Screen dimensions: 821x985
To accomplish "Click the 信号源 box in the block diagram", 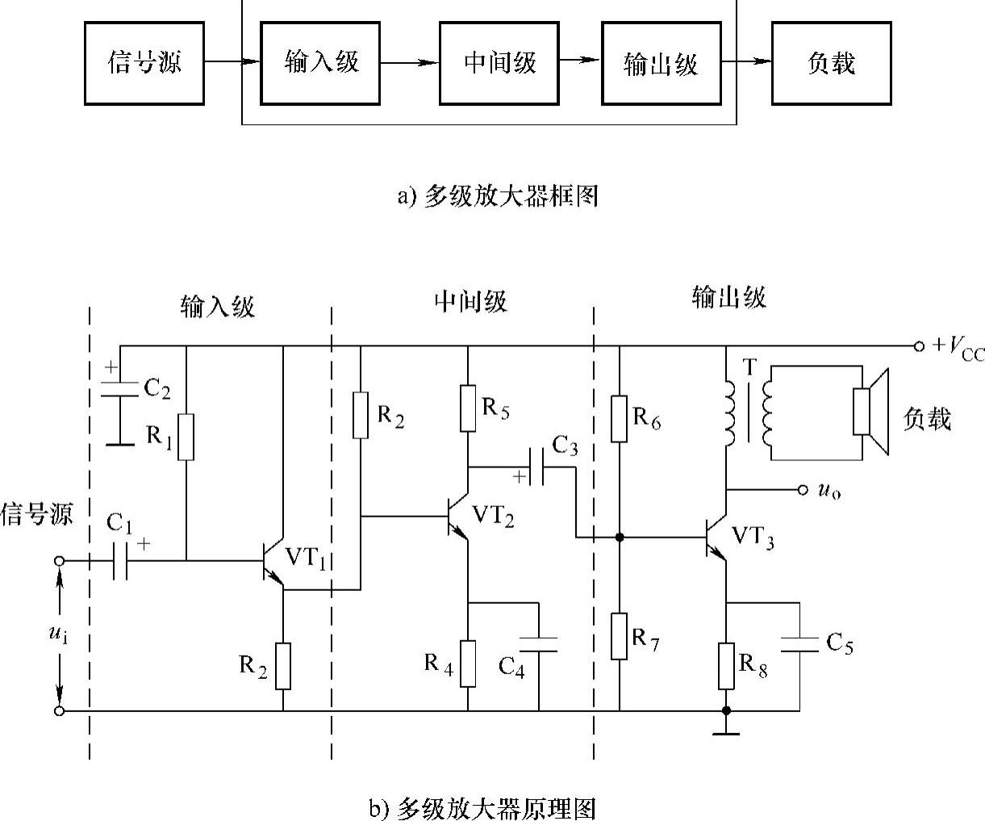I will pyautogui.click(x=144, y=63).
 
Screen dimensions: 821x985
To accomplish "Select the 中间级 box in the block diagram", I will pyautogui.click(x=499, y=63).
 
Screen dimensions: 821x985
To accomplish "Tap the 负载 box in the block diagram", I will pyautogui.click(x=831, y=63).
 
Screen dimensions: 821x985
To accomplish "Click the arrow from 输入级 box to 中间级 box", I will pyautogui.click(x=409, y=63).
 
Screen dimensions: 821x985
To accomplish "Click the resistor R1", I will pyautogui.click(x=186, y=437).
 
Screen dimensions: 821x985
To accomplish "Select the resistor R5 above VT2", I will pyautogui.click(x=468, y=408).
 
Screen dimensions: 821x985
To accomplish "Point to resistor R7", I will pyautogui.click(x=619, y=636).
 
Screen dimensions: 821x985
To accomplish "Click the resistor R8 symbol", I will pyautogui.click(x=726, y=665).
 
